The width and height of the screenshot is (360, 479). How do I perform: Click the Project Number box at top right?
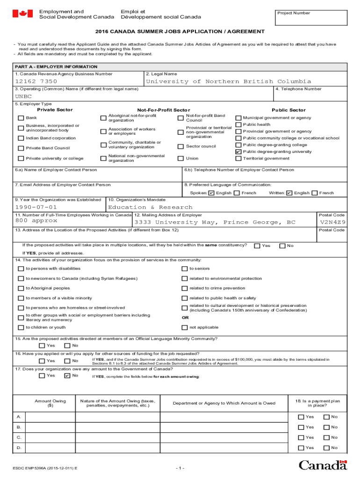pyautogui.click(x=310, y=17)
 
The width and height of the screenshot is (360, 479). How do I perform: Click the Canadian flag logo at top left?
pyautogui.click(x=22, y=14)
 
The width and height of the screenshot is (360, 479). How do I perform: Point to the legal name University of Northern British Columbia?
pyautogui.click(x=228, y=81)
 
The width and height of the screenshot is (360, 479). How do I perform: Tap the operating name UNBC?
pyautogui.click(x=23, y=96)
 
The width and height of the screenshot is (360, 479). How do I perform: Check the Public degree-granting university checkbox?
pyautogui.click(x=238, y=152)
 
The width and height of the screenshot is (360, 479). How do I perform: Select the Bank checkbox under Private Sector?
pyautogui.click(x=21, y=118)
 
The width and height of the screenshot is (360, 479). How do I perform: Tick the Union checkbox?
pyautogui.click(x=180, y=159)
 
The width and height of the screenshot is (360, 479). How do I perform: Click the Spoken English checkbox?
pyautogui.click(x=211, y=193)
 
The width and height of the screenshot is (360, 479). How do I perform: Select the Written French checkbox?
pyautogui.click(x=315, y=193)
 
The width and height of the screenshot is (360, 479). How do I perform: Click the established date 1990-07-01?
pyautogui.click(x=36, y=207)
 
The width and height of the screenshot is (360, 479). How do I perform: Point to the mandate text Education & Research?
pyautogui.click(x=150, y=207)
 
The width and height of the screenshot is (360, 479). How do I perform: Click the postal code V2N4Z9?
pyautogui.click(x=332, y=222)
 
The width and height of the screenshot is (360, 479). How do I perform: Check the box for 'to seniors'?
pyautogui.click(x=184, y=269)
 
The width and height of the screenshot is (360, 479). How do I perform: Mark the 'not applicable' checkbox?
pyautogui.click(x=184, y=327)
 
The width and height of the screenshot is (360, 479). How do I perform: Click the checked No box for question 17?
pyautogui.click(x=67, y=376)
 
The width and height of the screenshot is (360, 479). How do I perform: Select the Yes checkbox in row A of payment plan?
pyautogui.click(x=301, y=417)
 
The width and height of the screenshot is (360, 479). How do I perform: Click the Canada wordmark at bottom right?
pyautogui.click(x=323, y=465)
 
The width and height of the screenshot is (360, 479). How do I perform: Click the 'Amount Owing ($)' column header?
pyautogui.click(x=50, y=403)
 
